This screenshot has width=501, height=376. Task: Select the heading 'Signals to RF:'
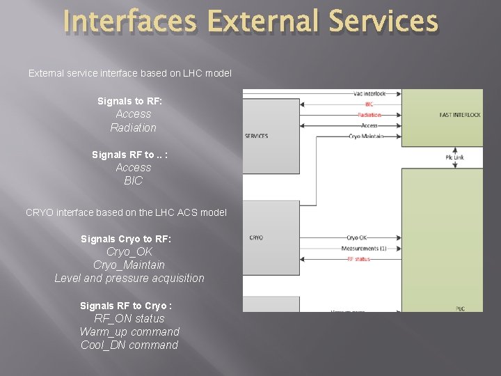point(129,101)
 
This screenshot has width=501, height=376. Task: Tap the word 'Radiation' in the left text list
point(133,127)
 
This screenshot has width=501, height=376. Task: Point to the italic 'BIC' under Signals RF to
point(133,180)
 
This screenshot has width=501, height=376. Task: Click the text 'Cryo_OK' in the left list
point(129,251)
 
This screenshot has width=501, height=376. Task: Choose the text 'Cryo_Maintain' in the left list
point(129,265)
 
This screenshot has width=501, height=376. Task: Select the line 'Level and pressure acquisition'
point(129,278)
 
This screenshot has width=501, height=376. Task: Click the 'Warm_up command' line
point(129,331)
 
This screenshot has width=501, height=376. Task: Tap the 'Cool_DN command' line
point(129,345)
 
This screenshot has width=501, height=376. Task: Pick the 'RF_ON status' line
point(129,318)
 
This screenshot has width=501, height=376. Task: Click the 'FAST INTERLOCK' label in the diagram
point(460,115)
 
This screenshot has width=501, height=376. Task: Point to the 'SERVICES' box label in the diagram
point(257,136)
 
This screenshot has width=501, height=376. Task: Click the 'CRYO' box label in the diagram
point(256,238)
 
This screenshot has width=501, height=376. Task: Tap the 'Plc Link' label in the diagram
point(454,157)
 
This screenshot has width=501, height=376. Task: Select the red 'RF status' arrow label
point(358,259)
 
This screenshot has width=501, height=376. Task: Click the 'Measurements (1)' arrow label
point(364,249)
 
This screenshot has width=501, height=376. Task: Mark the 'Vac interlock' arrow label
point(369,94)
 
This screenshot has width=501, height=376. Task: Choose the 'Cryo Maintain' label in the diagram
point(365,136)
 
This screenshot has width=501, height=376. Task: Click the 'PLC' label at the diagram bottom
point(460,308)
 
